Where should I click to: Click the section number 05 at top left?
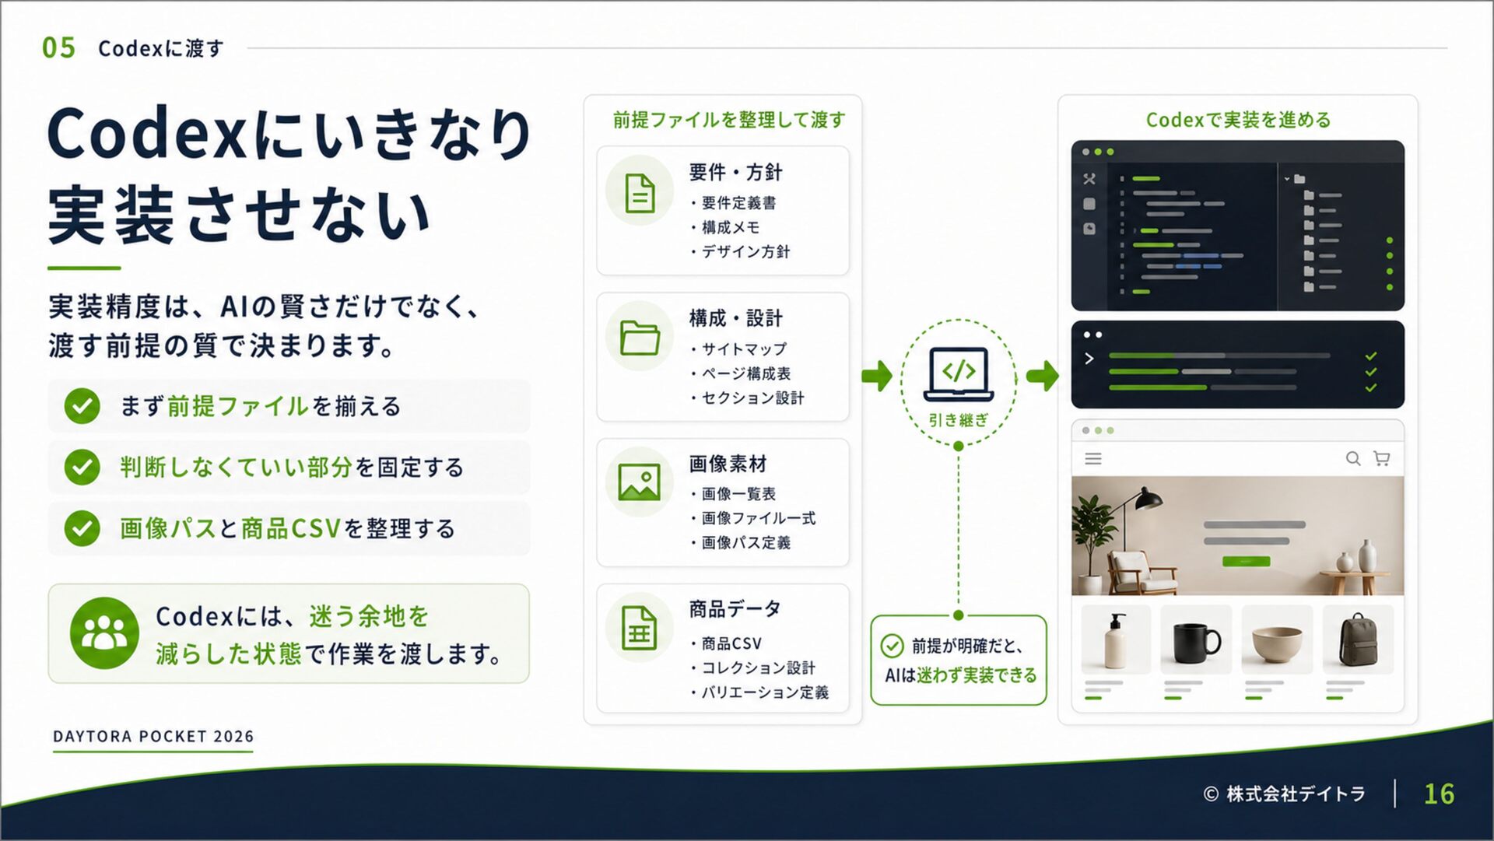point(58,47)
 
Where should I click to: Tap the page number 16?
point(1439,794)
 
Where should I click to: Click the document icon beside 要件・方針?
point(640,192)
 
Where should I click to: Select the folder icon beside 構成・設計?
point(640,337)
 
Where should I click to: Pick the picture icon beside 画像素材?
point(639,482)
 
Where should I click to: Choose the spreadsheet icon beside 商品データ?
point(639,627)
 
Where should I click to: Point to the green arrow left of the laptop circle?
point(877,376)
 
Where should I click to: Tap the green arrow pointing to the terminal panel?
point(1043,376)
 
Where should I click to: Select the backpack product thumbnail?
point(1358,640)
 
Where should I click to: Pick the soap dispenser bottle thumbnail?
point(1116,640)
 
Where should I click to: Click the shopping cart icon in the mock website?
point(1382,458)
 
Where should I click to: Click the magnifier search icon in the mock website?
point(1353,458)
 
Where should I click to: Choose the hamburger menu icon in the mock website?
point(1093,459)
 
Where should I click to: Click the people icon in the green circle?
point(104,633)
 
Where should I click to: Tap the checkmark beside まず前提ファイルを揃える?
point(82,405)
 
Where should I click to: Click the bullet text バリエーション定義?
point(765,692)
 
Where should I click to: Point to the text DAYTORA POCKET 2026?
point(153,736)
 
